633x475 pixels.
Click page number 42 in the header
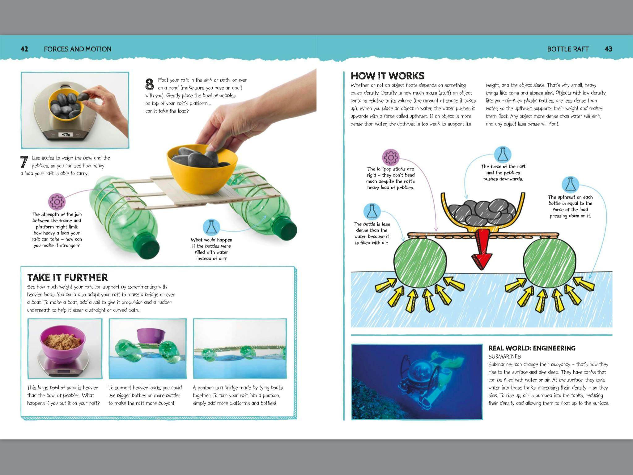coord(24,49)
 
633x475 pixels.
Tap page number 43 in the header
coord(608,49)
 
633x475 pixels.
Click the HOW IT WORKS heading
coord(388,76)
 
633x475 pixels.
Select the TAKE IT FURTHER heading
coord(67,277)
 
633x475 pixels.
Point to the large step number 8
coord(150,84)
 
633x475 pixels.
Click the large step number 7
coord(24,162)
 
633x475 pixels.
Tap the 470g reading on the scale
coord(66,135)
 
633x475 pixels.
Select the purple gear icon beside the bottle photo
coord(57,202)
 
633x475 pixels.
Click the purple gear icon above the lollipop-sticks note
coord(391,158)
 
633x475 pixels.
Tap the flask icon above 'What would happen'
coord(211,228)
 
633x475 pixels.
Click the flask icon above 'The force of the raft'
coord(503,155)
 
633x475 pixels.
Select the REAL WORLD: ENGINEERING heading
coord(532,348)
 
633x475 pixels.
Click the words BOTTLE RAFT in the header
coord(568,49)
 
